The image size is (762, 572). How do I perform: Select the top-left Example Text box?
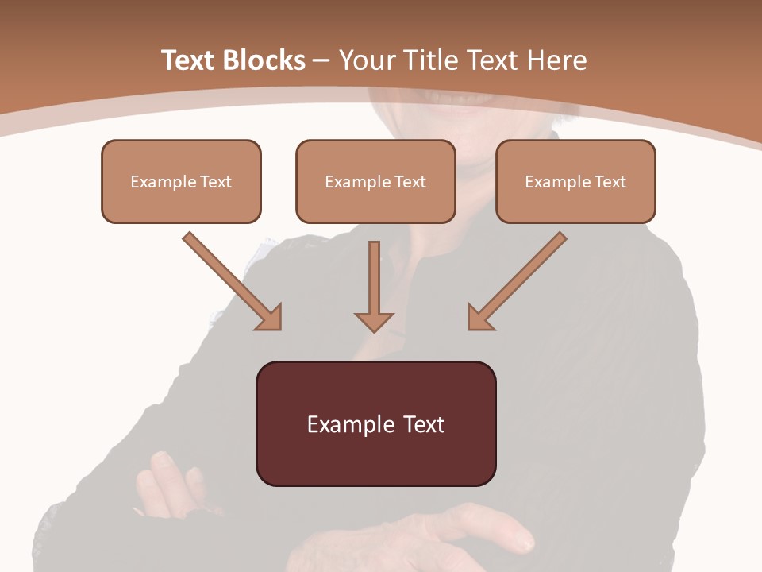pos(181,181)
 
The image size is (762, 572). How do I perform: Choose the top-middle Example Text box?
pos(375,181)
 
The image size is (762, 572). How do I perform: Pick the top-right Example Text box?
pos(575,181)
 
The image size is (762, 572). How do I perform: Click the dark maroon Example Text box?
pos(375,423)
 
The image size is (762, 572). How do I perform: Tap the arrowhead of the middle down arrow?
pos(374,322)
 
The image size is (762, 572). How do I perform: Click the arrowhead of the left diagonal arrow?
pos(270,318)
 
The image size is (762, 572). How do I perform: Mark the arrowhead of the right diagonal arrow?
pos(479,318)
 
